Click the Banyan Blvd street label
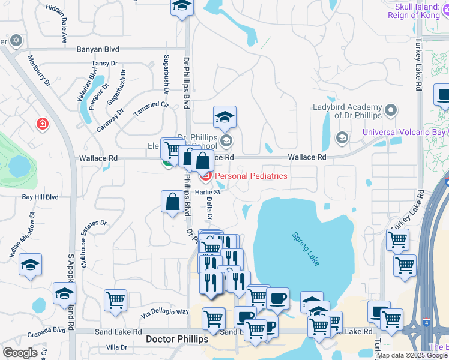coord(97,49)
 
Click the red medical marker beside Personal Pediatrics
coord(205,176)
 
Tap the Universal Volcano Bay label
coord(405,132)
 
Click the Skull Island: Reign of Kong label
coord(415,10)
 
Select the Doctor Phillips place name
coord(177,340)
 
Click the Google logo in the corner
coord(20,353)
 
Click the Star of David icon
coord(16,41)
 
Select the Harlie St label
coord(208,192)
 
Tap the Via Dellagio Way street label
coord(165,312)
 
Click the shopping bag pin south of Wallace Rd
coord(172,202)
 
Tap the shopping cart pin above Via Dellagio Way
coord(115,300)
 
